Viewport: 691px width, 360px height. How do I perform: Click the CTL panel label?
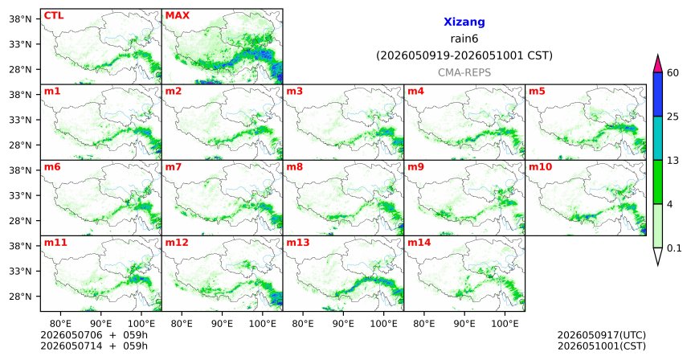click(x=54, y=16)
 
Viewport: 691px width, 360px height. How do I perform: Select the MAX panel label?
click(x=177, y=16)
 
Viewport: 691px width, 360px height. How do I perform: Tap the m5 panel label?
click(x=537, y=92)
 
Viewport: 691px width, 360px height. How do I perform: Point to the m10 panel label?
click(x=540, y=167)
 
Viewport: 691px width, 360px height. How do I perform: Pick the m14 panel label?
click(x=419, y=243)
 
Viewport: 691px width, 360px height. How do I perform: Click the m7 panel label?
click(x=174, y=167)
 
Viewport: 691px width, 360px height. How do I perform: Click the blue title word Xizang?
click(x=464, y=22)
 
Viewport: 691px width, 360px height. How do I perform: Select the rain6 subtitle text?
click(x=464, y=39)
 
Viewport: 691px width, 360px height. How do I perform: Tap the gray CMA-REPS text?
click(x=464, y=72)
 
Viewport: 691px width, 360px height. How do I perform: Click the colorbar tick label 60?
click(x=673, y=73)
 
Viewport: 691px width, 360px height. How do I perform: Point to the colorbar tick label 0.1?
click(x=674, y=248)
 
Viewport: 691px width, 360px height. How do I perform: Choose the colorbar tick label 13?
click(x=673, y=161)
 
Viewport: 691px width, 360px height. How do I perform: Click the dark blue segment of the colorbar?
click(x=658, y=94)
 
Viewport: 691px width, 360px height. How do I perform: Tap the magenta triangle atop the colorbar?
click(x=658, y=65)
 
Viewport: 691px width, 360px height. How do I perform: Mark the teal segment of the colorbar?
click(x=658, y=138)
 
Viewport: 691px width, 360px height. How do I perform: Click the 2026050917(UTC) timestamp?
click(x=602, y=335)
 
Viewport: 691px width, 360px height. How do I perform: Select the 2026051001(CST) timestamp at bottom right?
click(x=602, y=346)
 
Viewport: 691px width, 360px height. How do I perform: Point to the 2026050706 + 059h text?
click(x=94, y=335)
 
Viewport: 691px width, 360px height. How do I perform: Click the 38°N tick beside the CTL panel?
click(x=20, y=19)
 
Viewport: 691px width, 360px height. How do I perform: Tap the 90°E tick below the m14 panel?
click(x=464, y=324)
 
